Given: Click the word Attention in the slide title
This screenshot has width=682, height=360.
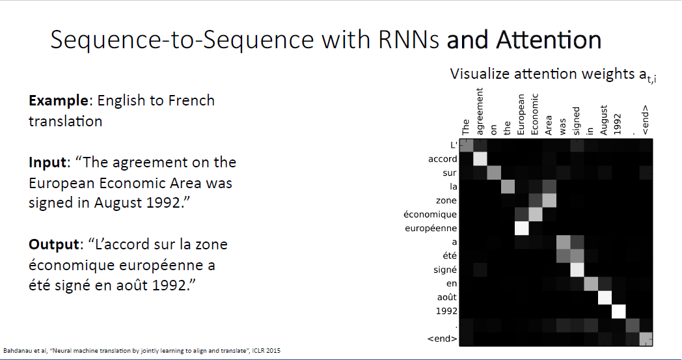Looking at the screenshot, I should click(x=549, y=40).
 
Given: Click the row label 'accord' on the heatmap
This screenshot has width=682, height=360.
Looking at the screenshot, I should click(x=443, y=159).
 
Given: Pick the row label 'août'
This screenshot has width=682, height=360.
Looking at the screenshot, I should click(x=445, y=297).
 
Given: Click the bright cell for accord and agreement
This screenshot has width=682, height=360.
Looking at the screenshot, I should click(x=480, y=159).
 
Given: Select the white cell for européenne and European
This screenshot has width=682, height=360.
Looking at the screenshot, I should click(x=521, y=228).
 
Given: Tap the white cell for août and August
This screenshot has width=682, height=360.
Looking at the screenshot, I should click(x=605, y=298).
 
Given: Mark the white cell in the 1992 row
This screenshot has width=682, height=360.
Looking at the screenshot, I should click(x=618, y=311).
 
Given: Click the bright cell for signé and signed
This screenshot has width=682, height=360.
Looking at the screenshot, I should click(x=577, y=270).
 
